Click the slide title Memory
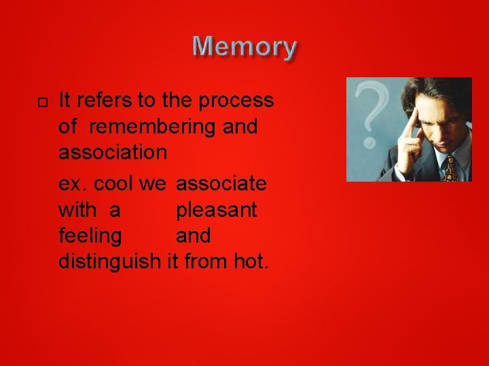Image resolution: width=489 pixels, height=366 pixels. [x=244, y=47]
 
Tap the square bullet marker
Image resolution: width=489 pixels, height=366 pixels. [x=41, y=102]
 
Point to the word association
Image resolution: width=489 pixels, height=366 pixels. [x=113, y=152]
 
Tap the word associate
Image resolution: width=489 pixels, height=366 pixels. [x=221, y=184]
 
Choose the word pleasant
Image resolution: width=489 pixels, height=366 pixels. [x=216, y=210]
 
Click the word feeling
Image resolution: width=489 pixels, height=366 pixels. [x=91, y=236]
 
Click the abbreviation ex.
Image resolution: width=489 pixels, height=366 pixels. [x=71, y=184]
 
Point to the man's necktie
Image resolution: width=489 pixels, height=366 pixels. [x=450, y=167]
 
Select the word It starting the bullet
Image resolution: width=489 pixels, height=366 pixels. [x=66, y=101]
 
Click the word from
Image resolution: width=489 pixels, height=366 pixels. [x=206, y=261]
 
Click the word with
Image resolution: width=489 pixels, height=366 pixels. [x=76, y=210]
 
